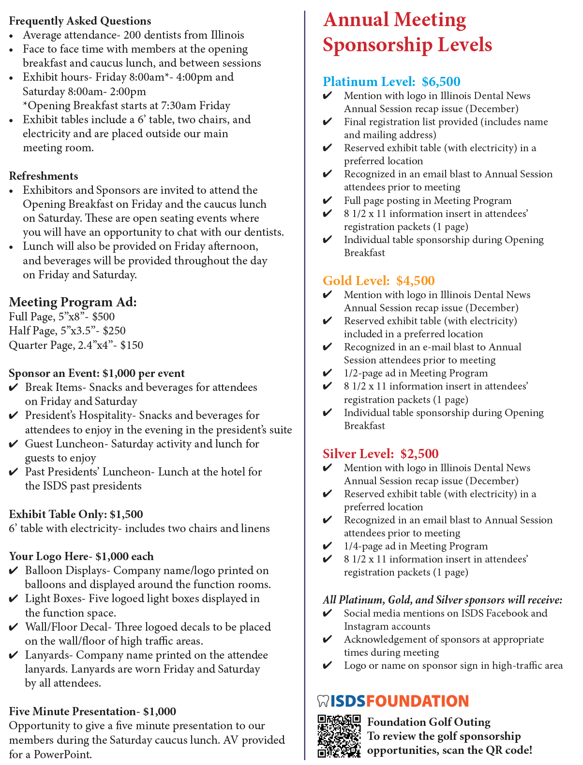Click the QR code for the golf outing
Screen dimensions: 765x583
[x=339, y=736]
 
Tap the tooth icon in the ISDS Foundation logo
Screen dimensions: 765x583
[x=323, y=701]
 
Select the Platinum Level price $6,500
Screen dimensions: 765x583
[x=441, y=82]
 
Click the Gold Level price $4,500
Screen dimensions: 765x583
[x=415, y=281]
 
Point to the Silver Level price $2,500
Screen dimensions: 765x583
[x=419, y=454]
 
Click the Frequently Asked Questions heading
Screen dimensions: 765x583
[x=80, y=21]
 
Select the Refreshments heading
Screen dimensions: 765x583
[x=44, y=176]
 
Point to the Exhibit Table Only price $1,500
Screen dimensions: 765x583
[x=126, y=514]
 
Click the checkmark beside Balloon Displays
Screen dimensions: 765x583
[x=14, y=571]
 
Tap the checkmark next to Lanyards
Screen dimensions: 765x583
[x=14, y=656]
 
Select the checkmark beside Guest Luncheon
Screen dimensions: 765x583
[x=14, y=444]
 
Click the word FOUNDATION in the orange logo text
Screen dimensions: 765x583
[x=417, y=701]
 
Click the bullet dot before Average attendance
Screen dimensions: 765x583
[x=12, y=36]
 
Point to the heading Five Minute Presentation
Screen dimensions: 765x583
[x=72, y=711]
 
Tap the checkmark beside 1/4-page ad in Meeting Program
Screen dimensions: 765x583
[x=328, y=546]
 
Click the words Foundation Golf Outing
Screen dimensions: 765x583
[x=429, y=722]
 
